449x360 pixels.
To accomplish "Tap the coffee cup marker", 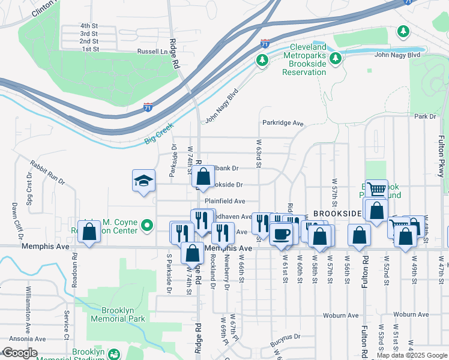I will point(280,233).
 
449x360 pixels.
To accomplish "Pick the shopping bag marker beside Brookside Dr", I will point(203,176).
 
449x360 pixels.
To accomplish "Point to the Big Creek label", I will point(158,134).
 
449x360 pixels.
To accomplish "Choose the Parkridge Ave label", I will point(283,123).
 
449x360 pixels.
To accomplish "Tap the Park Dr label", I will point(424,116).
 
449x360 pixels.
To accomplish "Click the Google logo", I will point(19,353).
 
